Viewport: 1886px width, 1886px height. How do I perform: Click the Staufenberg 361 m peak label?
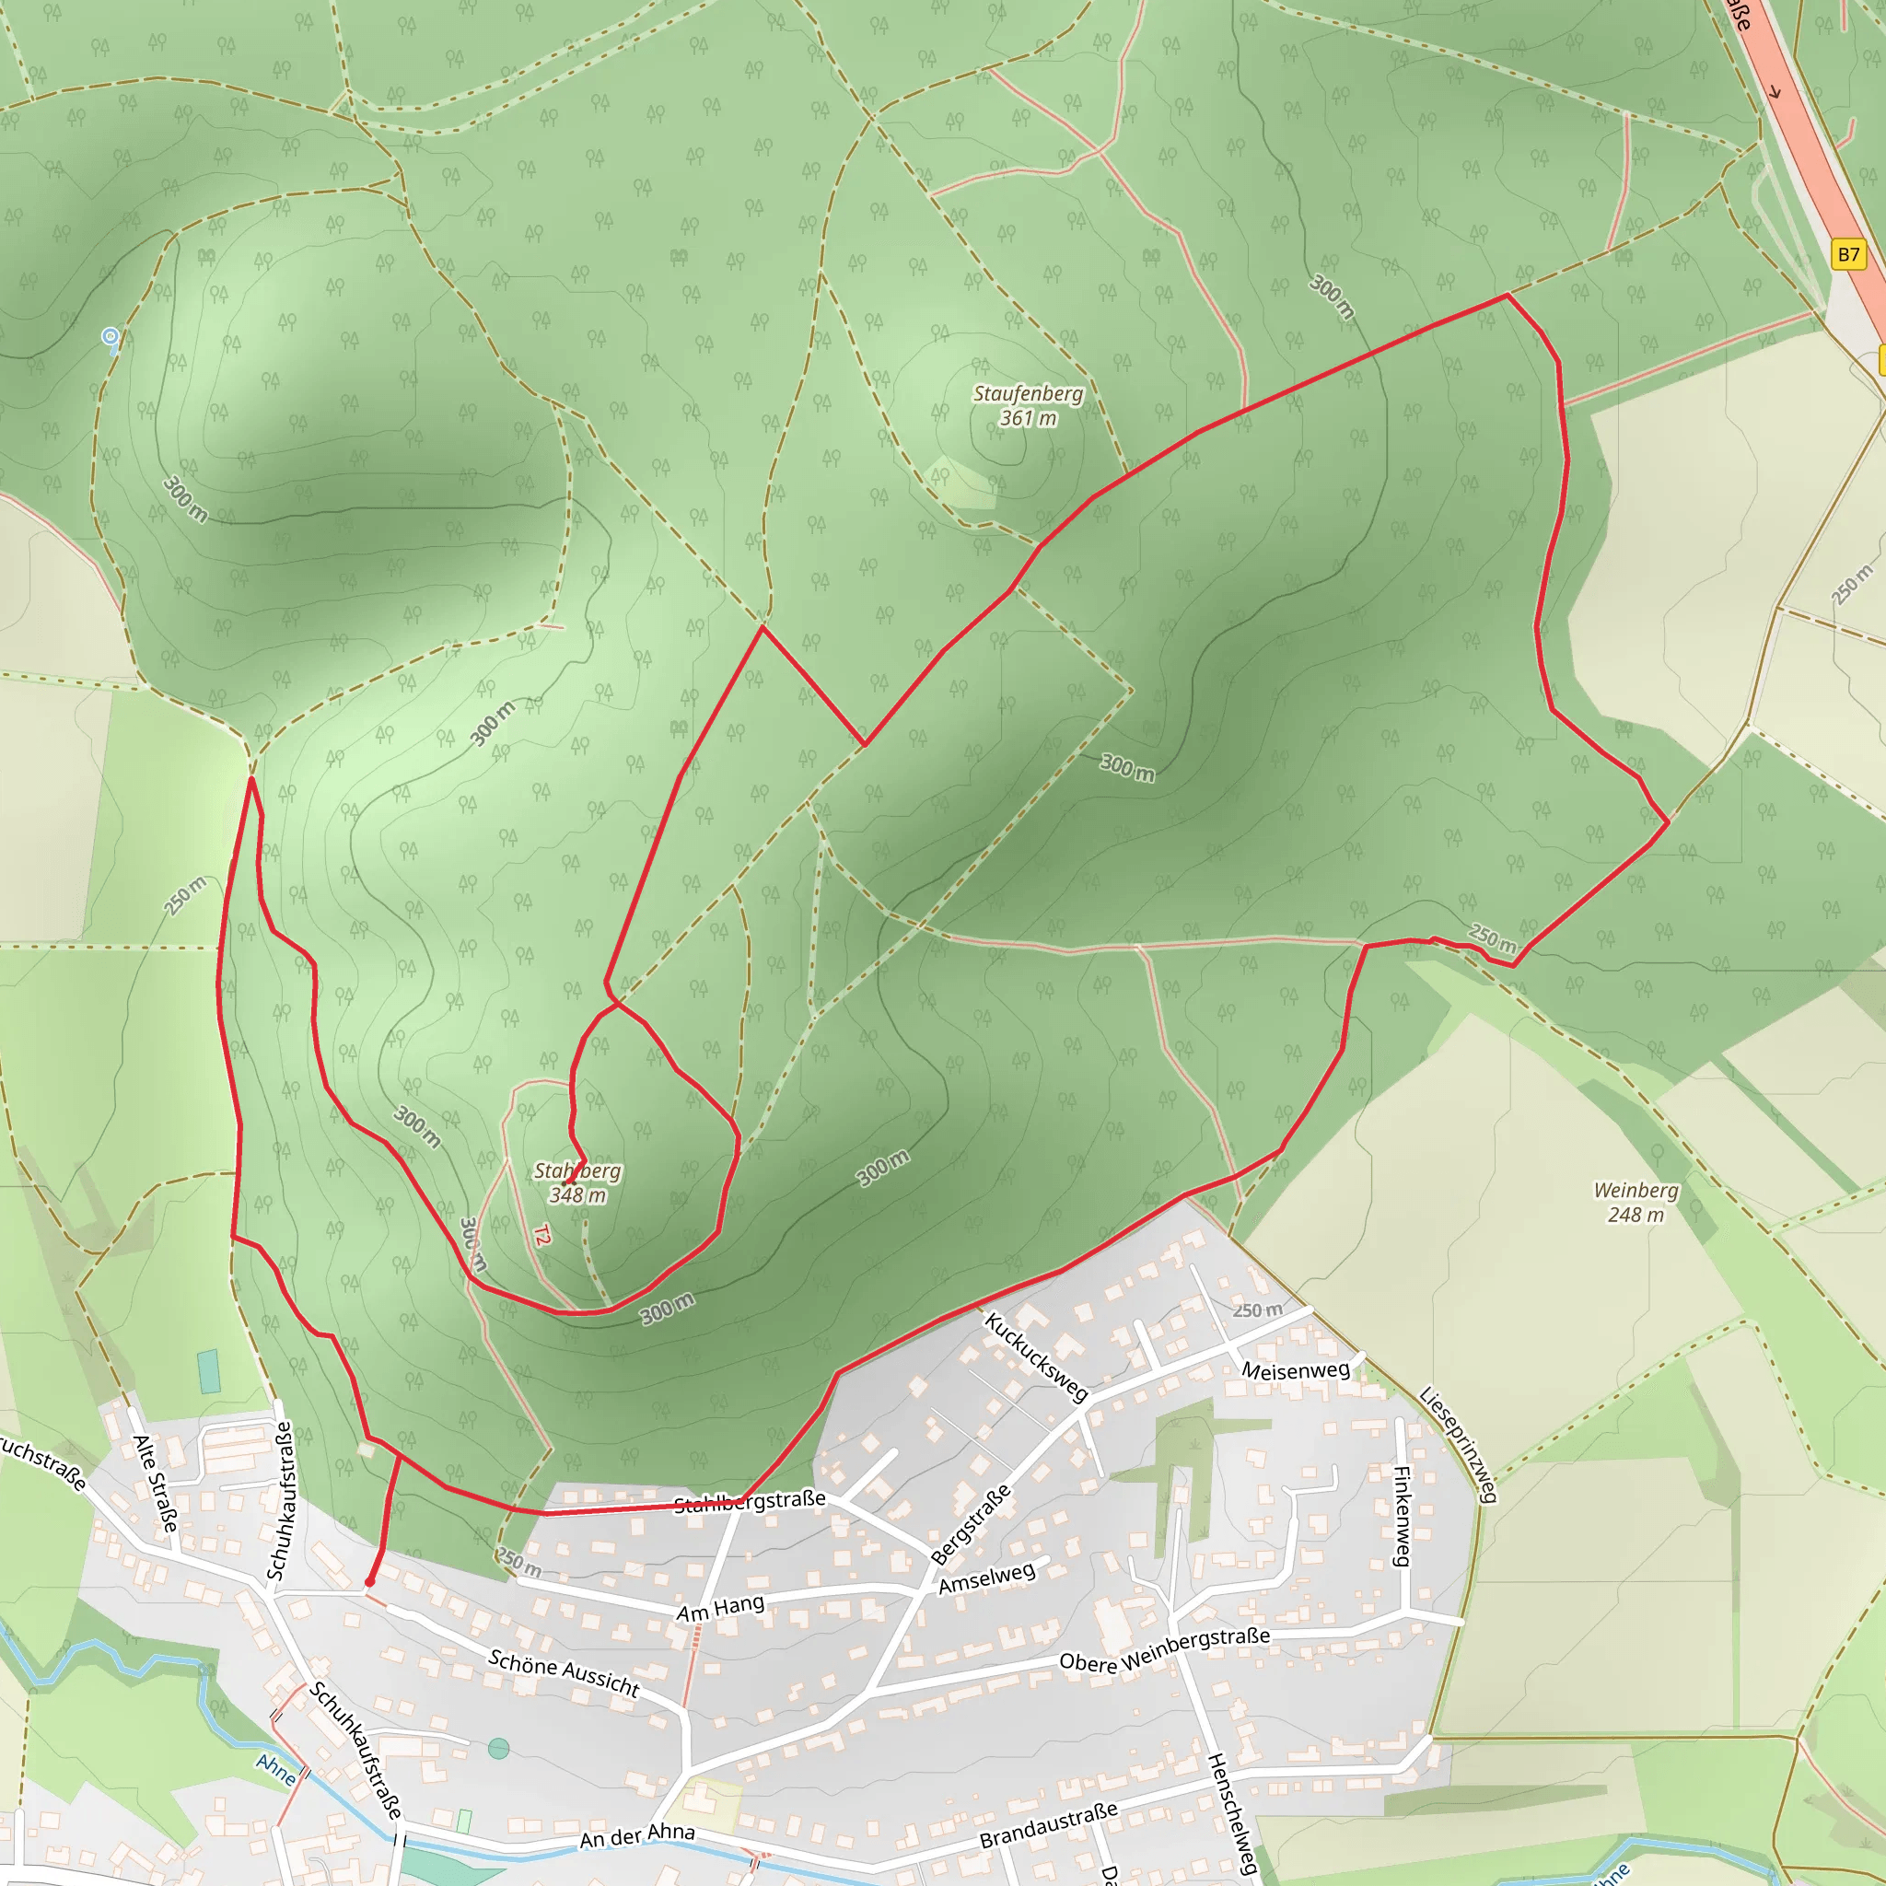pos(1028,406)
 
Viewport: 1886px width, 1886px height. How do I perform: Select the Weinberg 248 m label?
pos(1636,1202)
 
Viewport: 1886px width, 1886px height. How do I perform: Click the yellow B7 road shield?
pos(1848,255)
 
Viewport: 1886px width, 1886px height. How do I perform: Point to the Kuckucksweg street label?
pos(1036,1356)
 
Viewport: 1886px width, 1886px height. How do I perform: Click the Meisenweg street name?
pos(1296,1370)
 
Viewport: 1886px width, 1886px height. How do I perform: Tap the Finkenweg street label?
pos(1402,1516)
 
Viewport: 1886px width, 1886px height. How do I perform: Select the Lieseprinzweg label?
pos(1459,1445)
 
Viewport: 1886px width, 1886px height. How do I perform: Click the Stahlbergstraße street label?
pos(750,1502)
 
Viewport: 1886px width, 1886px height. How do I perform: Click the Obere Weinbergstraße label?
pos(1165,1648)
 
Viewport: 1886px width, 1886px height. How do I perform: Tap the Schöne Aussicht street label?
pos(565,1673)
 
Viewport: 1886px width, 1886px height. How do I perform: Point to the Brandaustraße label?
pos(1048,1825)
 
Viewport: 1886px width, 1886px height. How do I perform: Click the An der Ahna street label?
pos(637,1836)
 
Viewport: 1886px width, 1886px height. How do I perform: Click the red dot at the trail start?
pos(370,1582)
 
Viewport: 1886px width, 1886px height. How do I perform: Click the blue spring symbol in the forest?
pos(111,337)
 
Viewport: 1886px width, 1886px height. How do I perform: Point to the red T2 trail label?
pos(542,1235)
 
